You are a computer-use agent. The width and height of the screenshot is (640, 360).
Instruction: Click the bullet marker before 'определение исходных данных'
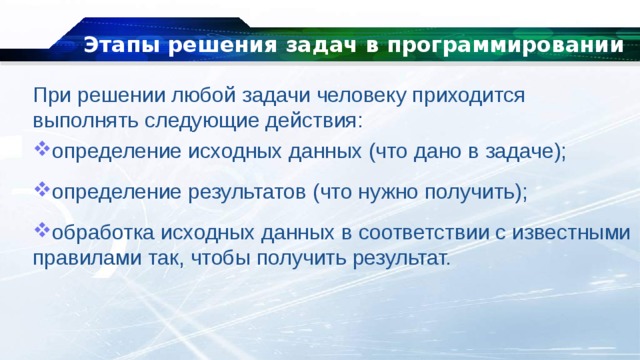(x=41, y=150)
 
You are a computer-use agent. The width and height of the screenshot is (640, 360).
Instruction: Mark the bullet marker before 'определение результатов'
(x=41, y=189)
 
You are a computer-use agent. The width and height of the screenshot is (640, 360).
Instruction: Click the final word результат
(x=398, y=257)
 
